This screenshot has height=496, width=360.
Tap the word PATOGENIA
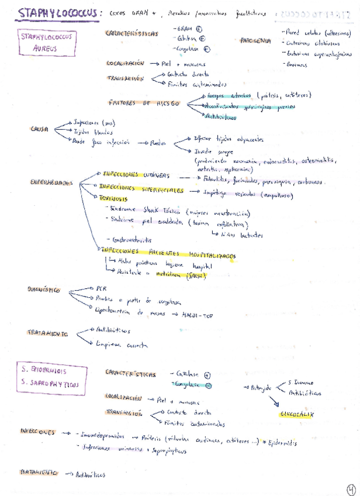click(x=255, y=40)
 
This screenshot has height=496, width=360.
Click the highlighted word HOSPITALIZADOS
click(x=212, y=256)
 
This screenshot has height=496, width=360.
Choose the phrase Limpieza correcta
click(x=116, y=345)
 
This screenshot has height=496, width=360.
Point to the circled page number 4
click(x=351, y=473)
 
